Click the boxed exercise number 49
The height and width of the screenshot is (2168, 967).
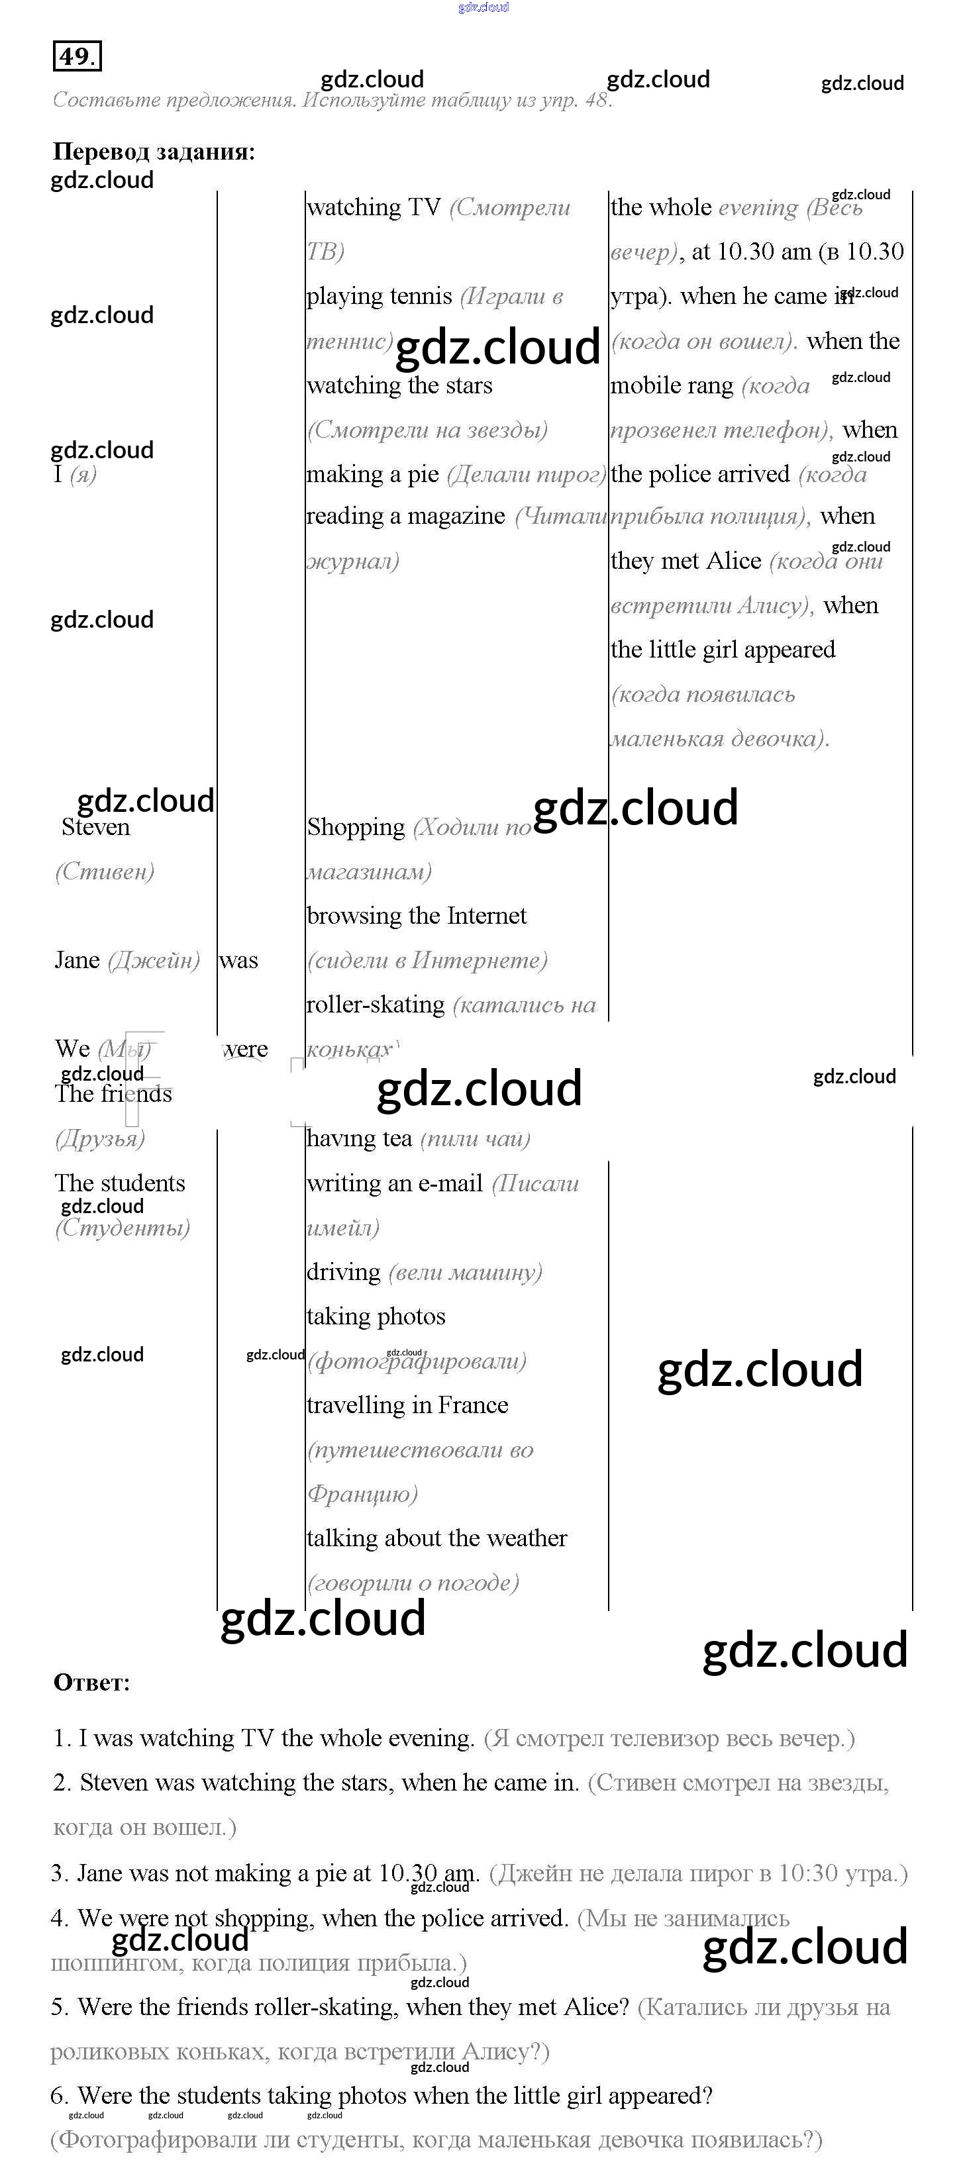pyautogui.click(x=77, y=56)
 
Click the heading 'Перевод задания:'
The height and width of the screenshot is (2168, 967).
pyautogui.click(x=153, y=152)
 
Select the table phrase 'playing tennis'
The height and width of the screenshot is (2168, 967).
pyautogui.click(x=379, y=296)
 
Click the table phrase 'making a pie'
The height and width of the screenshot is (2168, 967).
pyautogui.click(x=372, y=475)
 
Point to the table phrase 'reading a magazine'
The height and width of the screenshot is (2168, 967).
pyautogui.click(x=405, y=516)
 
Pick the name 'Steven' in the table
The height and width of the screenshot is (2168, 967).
pyautogui.click(x=95, y=827)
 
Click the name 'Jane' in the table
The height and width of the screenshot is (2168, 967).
pyautogui.click(x=77, y=960)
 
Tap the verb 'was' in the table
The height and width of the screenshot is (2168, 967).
pyautogui.click(x=238, y=960)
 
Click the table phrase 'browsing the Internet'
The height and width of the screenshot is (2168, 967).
pyautogui.click(x=416, y=916)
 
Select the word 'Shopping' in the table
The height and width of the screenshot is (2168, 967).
pyautogui.click(x=355, y=827)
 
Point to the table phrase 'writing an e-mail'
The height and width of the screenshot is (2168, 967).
pyautogui.click(x=394, y=1183)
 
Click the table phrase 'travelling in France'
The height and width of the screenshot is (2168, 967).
pyautogui.click(x=407, y=1406)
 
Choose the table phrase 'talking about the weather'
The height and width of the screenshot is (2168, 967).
pyautogui.click(x=436, y=1538)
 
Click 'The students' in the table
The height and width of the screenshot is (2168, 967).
pyautogui.click(x=119, y=1183)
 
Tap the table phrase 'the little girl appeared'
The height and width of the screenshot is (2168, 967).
pyautogui.click(x=722, y=650)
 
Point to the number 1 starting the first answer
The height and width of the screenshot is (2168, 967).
pyautogui.click(x=59, y=1739)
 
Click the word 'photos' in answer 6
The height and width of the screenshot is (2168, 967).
pyautogui.click(x=373, y=2096)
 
